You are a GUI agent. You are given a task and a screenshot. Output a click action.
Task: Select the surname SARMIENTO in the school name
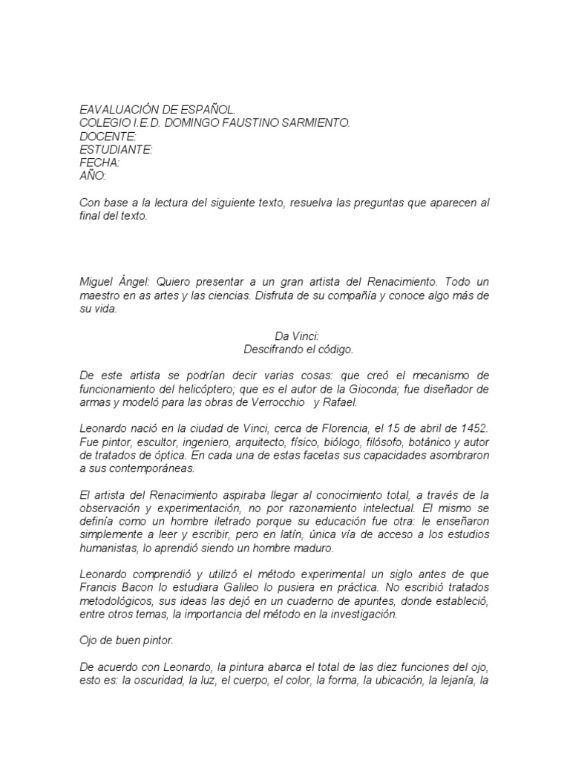pos(313,122)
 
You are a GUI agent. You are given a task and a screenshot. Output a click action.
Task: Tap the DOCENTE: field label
pos(108,136)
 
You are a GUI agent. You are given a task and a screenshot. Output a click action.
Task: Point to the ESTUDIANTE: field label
pos(116,149)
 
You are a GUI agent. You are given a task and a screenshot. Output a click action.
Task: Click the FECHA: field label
pos(99,163)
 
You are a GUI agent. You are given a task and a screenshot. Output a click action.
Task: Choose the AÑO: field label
pos(93,176)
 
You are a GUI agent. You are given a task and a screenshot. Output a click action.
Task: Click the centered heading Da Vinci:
pos(285,336)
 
